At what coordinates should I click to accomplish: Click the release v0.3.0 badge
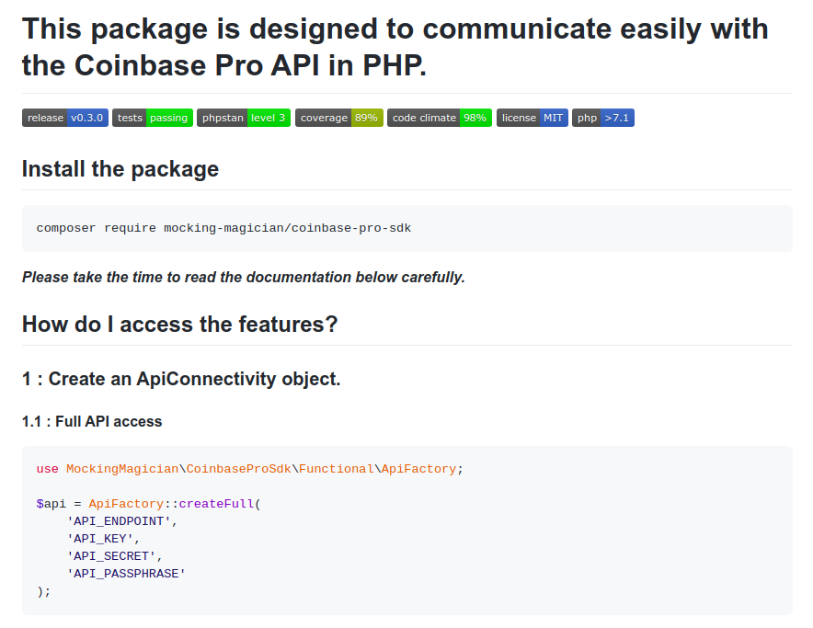[x=65, y=118]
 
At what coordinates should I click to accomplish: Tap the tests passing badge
[x=152, y=118]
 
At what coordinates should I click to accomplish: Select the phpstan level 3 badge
[x=244, y=118]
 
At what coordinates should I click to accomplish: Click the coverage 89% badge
[x=338, y=118]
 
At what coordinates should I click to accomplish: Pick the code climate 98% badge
[x=439, y=118]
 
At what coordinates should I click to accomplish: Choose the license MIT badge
[x=532, y=118]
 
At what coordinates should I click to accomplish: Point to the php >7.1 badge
[x=602, y=118]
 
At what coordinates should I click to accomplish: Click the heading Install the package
[x=120, y=169]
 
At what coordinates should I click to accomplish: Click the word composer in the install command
[x=66, y=227]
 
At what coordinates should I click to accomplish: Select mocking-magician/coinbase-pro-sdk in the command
[x=287, y=227]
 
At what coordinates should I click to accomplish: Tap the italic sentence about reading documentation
[x=244, y=277]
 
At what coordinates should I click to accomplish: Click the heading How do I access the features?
[x=180, y=325]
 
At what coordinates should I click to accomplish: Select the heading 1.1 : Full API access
[x=92, y=422]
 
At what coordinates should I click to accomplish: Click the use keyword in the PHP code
[x=47, y=469]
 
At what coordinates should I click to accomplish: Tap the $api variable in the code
[x=51, y=504]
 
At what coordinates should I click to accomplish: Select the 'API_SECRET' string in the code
[x=114, y=556]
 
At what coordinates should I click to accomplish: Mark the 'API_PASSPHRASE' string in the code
[x=126, y=574]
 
